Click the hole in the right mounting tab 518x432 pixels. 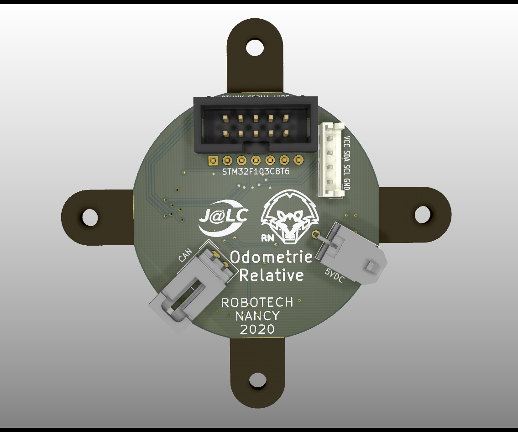pos(423,214)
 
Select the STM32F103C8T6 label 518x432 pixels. pos(256,172)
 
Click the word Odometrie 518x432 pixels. pos(271,257)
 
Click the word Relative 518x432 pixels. pos(271,275)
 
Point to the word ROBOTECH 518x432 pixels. pos(257,303)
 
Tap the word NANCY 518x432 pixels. pos(257,316)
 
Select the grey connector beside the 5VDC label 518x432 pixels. pos(351,253)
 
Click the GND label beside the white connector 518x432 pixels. pos(347,185)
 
